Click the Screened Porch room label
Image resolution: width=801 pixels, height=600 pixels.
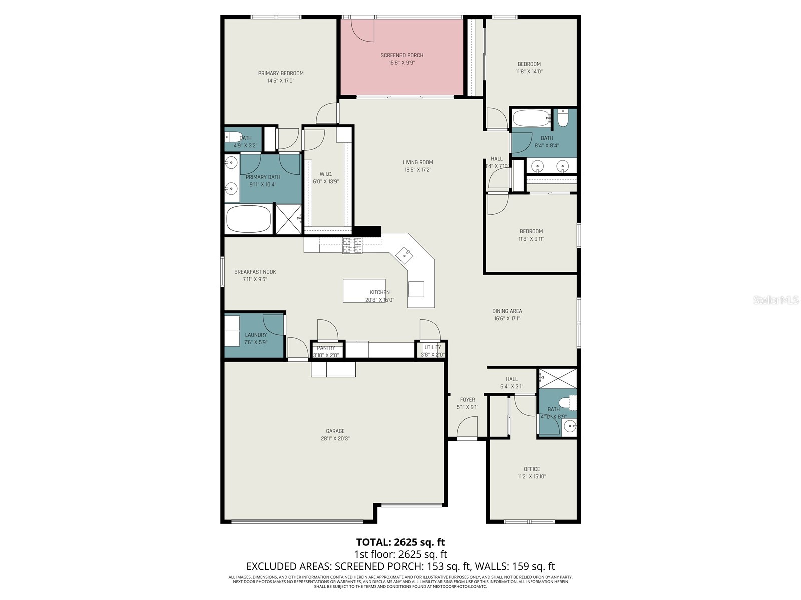point(402,55)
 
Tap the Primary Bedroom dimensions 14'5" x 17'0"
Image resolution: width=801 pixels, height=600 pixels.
point(281,81)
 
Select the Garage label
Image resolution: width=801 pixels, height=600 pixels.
point(335,431)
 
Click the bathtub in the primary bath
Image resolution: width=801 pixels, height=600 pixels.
point(249,219)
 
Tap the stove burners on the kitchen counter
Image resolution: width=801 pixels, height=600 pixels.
point(352,246)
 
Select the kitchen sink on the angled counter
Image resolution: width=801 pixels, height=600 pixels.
point(405,256)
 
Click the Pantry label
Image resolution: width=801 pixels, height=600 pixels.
point(326,348)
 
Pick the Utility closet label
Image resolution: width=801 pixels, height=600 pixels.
point(433,347)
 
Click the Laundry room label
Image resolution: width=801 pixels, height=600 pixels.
point(256,335)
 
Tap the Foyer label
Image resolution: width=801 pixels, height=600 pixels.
point(467,400)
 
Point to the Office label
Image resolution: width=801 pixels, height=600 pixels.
point(532,469)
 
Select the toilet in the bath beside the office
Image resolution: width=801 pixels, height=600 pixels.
point(568,402)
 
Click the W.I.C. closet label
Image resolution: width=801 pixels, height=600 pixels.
point(326,174)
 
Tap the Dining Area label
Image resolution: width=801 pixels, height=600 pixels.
point(507,311)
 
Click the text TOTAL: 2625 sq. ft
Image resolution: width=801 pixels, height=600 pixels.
point(400,542)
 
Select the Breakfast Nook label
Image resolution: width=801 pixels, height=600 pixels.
point(255,272)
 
